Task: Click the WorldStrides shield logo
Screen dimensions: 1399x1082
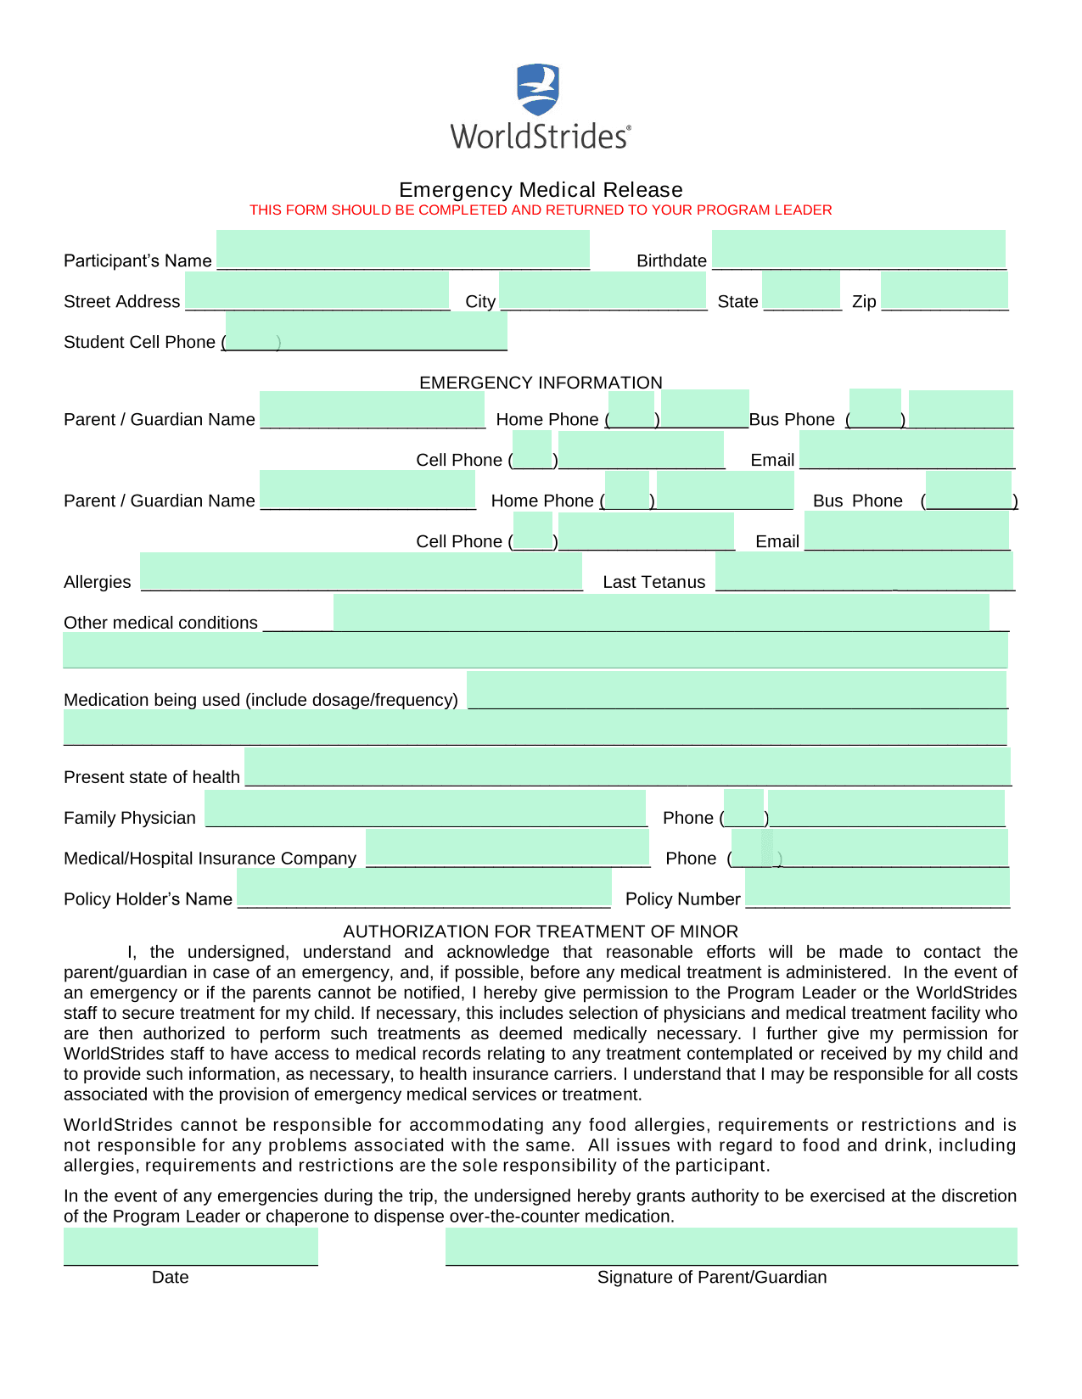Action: click(538, 89)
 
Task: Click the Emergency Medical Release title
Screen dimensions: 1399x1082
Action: click(541, 189)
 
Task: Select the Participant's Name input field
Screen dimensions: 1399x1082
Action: click(403, 249)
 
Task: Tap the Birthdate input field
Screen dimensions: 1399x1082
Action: click(858, 249)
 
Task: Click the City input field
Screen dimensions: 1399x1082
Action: click(603, 290)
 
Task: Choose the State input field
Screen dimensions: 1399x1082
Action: click(800, 290)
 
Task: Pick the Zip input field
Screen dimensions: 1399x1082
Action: click(944, 290)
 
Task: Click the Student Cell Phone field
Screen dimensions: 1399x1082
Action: click(366, 331)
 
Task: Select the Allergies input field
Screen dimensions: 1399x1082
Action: click(361, 571)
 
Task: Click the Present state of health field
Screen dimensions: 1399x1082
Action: click(627, 766)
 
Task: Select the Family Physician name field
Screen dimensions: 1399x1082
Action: click(425, 808)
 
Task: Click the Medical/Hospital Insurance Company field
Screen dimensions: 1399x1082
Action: click(507, 848)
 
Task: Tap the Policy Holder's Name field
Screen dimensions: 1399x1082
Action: click(423, 888)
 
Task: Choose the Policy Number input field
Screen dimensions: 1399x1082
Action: click(877, 888)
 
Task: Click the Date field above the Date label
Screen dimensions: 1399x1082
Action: click(191, 1246)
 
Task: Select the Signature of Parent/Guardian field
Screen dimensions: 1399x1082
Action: click(731, 1246)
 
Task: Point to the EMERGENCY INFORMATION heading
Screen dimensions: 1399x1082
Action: click(541, 383)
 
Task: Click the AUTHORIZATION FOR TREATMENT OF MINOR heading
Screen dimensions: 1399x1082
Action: click(541, 932)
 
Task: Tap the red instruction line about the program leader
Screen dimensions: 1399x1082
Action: click(541, 210)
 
